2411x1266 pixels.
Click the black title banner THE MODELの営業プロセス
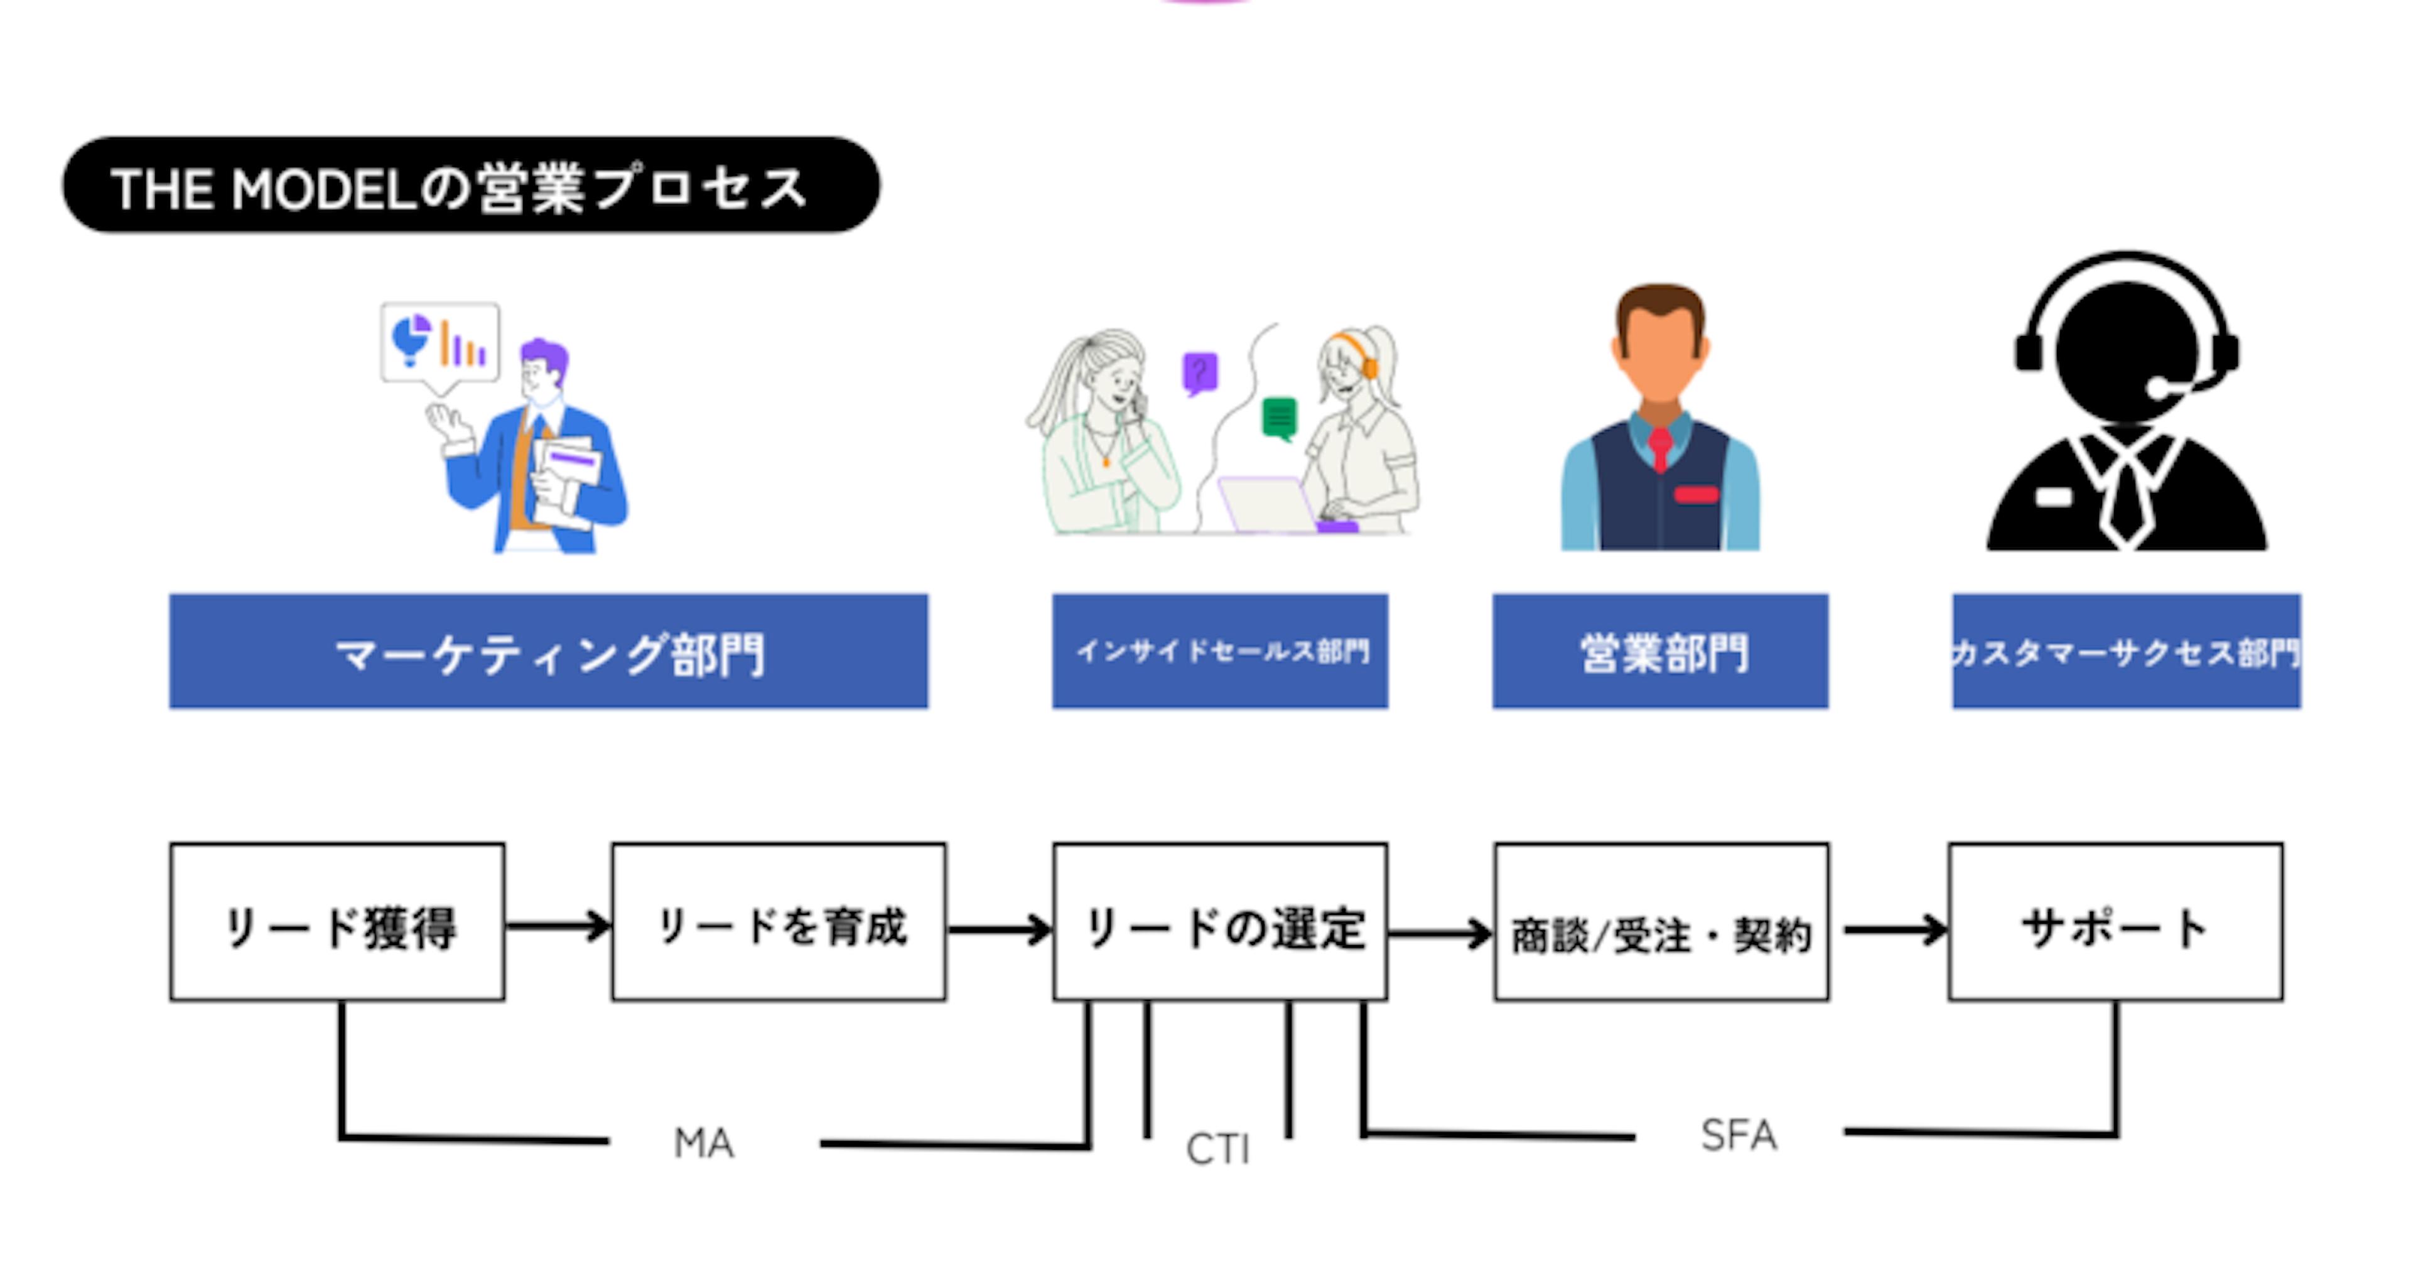(x=471, y=185)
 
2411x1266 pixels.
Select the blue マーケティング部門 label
(x=549, y=652)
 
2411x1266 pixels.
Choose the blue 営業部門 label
(x=1660, y=652)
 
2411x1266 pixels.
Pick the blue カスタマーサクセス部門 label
(x=2127, y=652)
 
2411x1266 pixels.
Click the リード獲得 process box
(x=337, y=922)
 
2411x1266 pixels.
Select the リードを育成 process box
(x=779, y=922)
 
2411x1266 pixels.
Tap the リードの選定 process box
(x=1219, y=922)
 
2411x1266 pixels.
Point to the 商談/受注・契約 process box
(x=1661, y=922)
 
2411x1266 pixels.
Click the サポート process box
(x=2115, y=922)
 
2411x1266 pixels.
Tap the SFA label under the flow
(x=1738, y=1135)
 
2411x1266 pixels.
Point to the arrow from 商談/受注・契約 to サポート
(x=1896, y=930)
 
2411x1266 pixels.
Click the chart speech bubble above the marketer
(x=440, y=344)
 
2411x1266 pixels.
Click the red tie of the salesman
(x=1660, y=448)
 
